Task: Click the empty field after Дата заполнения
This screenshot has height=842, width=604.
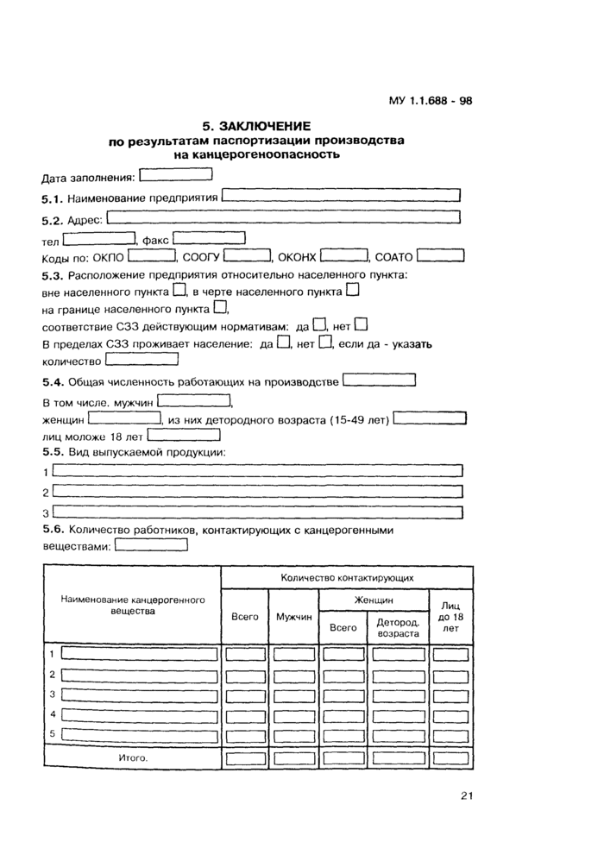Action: coord(175,176)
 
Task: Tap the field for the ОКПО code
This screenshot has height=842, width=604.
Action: coord(152,255)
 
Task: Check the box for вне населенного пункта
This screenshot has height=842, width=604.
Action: coord(179,292)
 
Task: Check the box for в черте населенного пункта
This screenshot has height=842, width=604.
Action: coord(352,292)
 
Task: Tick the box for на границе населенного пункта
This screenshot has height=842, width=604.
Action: coord(220,307)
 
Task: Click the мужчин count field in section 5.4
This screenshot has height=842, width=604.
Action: coord(194,401)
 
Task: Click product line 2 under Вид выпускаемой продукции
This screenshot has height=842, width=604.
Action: coord(258,492)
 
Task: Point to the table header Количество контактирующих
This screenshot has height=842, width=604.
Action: coord(347,577)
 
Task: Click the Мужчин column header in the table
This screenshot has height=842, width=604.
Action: coord(294,618)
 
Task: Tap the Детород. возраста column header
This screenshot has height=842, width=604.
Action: coord(397,627)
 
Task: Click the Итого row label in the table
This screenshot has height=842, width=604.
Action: coord(132,758)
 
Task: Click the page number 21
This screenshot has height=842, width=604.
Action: coord(466,795)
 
